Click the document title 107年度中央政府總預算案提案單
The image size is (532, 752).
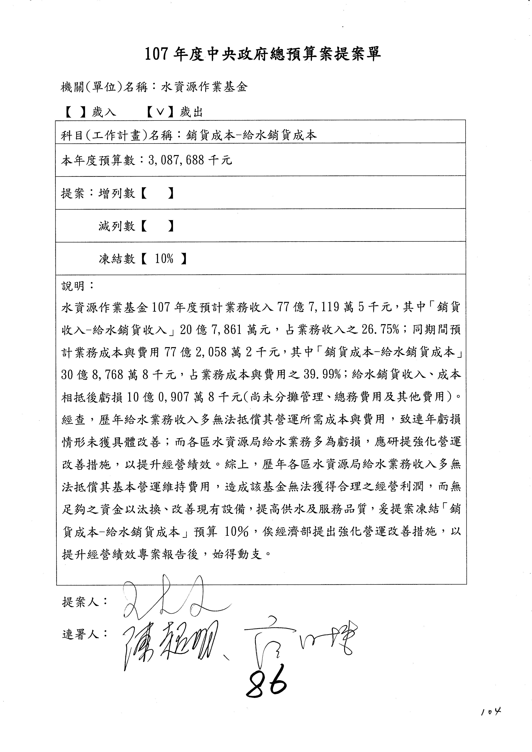click(x=263, y=54)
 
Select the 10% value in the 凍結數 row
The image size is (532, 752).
click(x=164, y=259)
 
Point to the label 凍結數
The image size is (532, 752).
click(x=117, y=259)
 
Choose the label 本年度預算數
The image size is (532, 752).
click(x=98, y=160)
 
